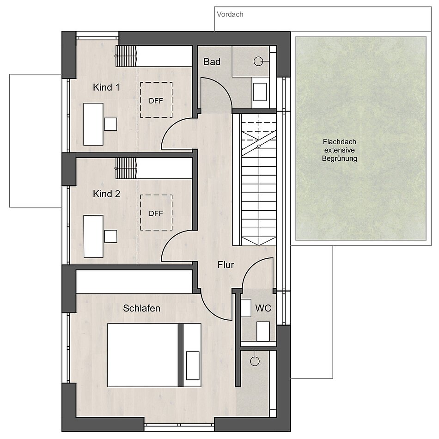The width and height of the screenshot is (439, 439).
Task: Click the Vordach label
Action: point(230,14)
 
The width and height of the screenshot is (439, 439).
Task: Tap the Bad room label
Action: point(212,61)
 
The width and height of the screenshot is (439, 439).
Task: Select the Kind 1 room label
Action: point(106,87)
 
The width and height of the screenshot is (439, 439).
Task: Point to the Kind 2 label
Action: point(106,194)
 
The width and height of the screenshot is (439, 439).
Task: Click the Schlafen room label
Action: point(142,308)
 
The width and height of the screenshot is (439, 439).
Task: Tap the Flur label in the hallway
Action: point(226,265)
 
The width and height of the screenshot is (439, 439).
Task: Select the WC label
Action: point(263,308)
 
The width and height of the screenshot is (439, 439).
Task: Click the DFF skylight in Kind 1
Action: point(156,100)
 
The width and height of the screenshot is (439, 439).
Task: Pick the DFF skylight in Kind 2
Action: point(156,213)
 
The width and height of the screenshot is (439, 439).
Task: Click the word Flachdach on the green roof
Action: point(339,142)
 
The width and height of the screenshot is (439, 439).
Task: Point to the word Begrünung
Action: point(339,159)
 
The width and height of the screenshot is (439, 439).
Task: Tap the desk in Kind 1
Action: point(93,124)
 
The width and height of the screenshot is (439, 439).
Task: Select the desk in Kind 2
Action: point(93,236)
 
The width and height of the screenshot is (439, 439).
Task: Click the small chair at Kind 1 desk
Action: point(110,124)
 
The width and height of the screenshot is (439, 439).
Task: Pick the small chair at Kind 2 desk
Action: point(110,236)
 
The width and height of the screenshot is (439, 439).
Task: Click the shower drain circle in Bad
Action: point(258,61)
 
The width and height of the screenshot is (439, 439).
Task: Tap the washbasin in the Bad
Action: point(260,91)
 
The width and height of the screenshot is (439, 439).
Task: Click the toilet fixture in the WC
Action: point(263,331)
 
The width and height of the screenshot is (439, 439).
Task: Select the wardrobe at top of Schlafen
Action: point(134,282)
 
